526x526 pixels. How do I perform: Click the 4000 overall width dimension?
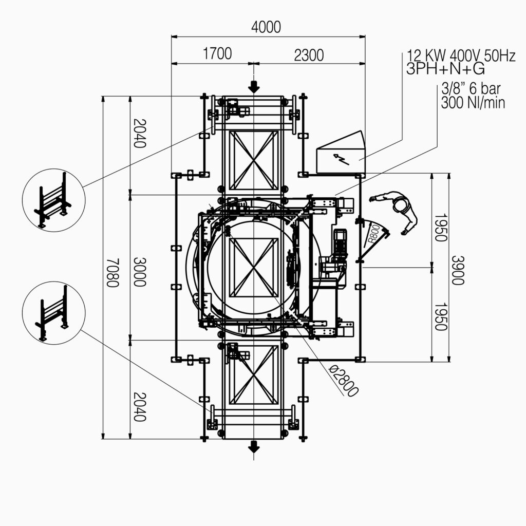(x=266, y=27)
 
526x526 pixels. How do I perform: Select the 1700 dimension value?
(x=217, y=53)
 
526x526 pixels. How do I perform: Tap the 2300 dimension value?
(x=309, y=55)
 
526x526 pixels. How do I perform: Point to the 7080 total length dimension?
(x=112, y=272)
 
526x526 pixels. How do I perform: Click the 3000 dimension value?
(x=140, y=272)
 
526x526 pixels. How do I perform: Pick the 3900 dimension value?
(x=458, y=270)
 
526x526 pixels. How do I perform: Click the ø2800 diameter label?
(x=344, y=381)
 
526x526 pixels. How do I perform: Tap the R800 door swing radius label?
(x=374, y=234)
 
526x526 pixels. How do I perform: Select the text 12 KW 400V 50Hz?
(x=461, y=55)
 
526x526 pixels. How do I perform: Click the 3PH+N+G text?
(x=445, y=69)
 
